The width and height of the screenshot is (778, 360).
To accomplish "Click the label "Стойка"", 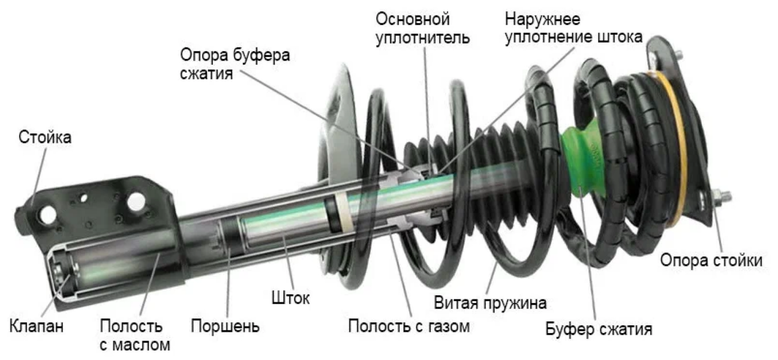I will click(45, 137).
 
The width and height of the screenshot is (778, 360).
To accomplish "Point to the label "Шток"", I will click(290, 298).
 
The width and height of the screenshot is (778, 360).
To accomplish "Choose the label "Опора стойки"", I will click(711, 260).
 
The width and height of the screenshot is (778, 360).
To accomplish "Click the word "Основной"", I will click(412, 18).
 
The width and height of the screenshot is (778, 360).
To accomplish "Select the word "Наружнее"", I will click(543, 18).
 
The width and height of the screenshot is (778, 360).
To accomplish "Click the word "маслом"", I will click(142, 346).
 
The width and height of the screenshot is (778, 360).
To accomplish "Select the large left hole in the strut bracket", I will click(44, 213).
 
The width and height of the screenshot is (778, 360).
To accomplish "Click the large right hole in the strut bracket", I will click(136, 201).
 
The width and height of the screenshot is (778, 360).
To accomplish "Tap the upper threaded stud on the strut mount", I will click(675, 55).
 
